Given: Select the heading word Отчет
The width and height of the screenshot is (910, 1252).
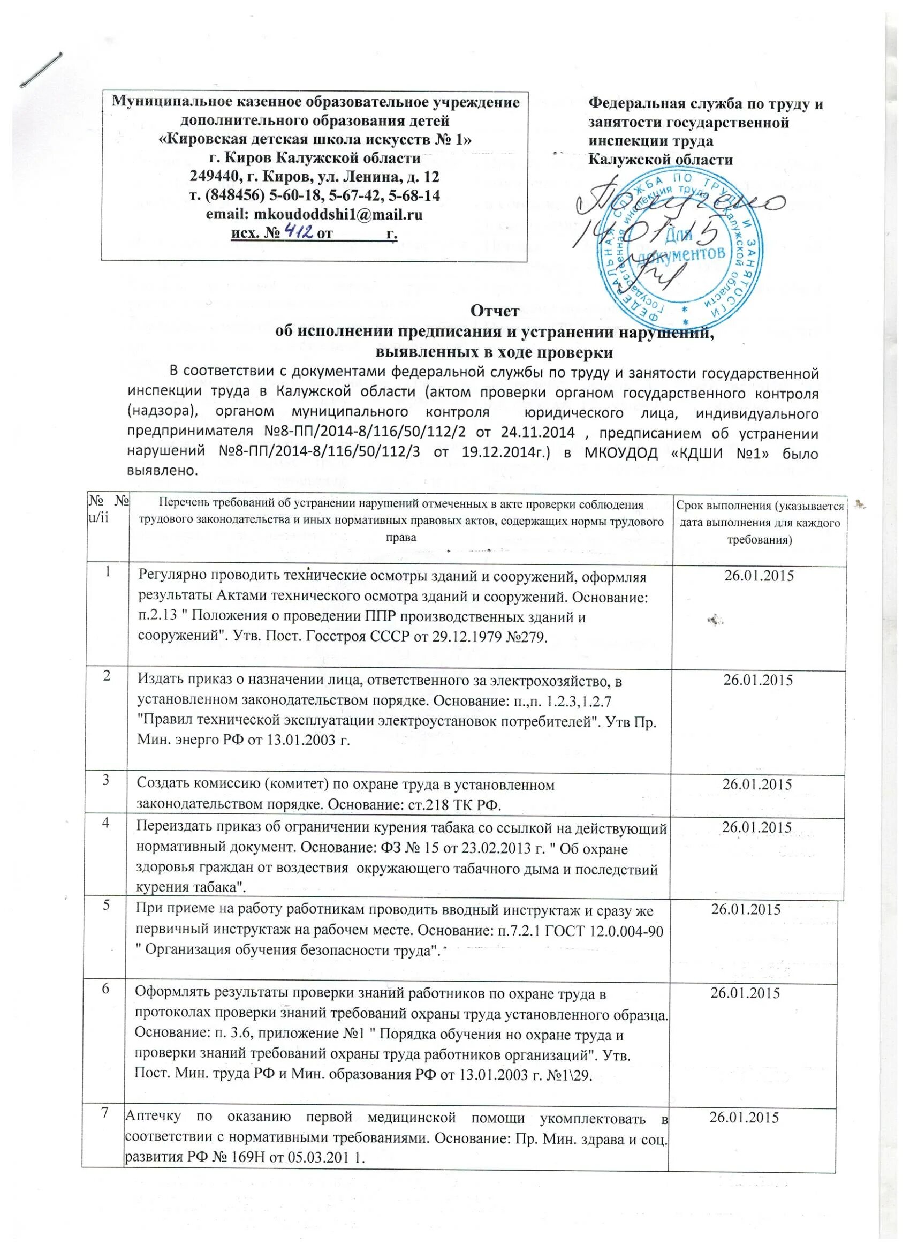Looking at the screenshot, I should click(495, 311).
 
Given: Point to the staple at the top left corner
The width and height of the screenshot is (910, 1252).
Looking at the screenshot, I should click(41, 69).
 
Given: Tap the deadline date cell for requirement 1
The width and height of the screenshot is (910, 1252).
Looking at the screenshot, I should click(758, 576).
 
